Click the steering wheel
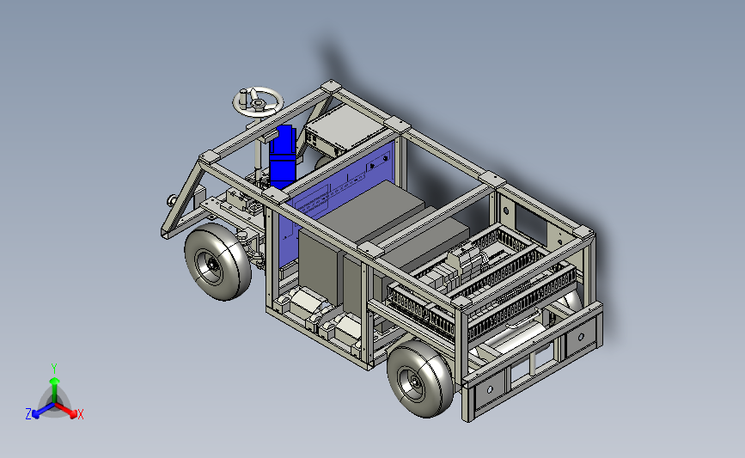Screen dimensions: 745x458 click(258, 102)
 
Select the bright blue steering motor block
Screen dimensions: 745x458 click(283, 156)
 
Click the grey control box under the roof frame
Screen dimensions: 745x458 click(345, 128)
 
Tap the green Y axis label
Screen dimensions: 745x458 click(54, 369)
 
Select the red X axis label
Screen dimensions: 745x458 click(80, 414)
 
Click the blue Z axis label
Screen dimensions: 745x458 click(28, 414)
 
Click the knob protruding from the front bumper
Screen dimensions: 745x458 click(172, 200)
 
